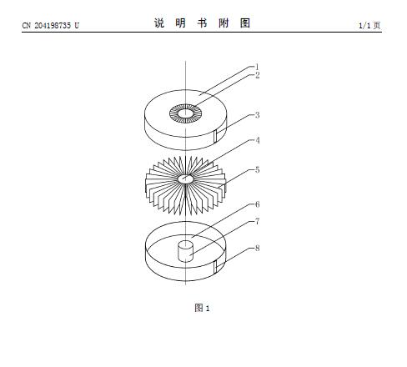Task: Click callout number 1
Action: point(257,67)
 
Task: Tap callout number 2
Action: point(258,75)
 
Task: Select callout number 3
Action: point(258,115)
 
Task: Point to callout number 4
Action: point(258,140)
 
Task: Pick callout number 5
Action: point(258,170)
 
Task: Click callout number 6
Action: point(258,204)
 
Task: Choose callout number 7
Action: point(258,222)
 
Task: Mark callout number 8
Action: point(258,248)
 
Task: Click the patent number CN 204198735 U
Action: point(51,26)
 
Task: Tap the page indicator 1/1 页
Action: point(369,26)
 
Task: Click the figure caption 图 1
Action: point(202,308)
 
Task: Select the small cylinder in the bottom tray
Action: point(185,252)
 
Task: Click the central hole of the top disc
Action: point(185,113)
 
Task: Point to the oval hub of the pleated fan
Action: point(185,178)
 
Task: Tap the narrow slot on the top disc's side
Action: point(215,137)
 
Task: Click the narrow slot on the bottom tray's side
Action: point(215,267)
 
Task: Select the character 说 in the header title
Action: point(159,23)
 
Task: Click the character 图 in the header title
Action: point(245,23)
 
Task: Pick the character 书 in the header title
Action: point(203,23)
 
